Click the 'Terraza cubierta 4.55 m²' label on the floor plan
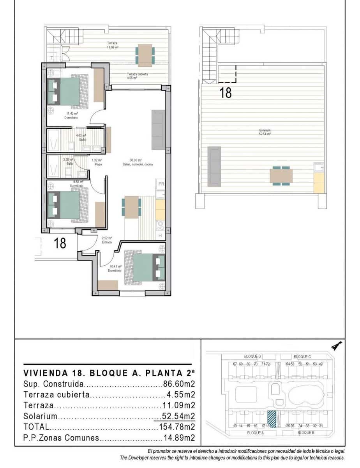137,76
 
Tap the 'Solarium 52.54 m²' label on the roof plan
265,132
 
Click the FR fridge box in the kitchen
161,184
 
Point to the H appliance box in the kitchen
160,236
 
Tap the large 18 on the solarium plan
226,92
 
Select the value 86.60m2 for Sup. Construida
179,384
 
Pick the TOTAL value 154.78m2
177,427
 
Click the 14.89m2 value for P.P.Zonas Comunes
179,438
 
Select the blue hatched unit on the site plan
272,419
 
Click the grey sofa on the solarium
214,166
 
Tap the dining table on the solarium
281,175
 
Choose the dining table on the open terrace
145,55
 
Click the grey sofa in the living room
158,129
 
